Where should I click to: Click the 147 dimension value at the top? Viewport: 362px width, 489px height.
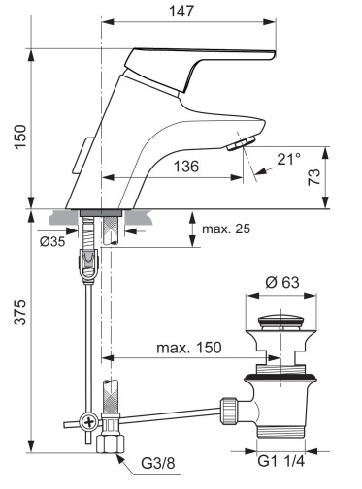click(x=181, y=11)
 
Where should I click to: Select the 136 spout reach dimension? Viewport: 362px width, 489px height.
click(x=186, y=167)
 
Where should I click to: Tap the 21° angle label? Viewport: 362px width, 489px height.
click(x=288, y=159)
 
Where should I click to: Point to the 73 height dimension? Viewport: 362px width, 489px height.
click(x=313, y=177)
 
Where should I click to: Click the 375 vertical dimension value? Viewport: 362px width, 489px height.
click(x=21, y=312)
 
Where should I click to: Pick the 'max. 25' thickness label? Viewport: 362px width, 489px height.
click(x=226, y=229)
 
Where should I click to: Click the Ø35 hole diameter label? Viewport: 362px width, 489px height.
click(x=52, y=241)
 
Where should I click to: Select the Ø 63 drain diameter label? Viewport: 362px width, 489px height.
click(x=282, y=282)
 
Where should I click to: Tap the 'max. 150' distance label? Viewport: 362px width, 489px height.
click(x=189, y=348)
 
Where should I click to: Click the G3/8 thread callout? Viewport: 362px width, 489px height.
click(x=158, y=464)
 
